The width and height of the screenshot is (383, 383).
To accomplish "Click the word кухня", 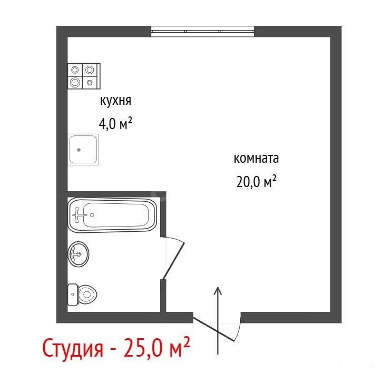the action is [115, 101].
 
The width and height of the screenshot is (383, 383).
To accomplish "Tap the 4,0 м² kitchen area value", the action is [115, 123].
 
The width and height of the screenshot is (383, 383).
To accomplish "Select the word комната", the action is [256, 159].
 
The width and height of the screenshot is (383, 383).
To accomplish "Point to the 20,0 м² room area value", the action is [256, 181].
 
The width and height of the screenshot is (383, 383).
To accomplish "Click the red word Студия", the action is [73, 348].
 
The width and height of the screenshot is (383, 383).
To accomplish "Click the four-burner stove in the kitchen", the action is [84, 76].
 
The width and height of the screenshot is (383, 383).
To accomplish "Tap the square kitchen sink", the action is [83, 150].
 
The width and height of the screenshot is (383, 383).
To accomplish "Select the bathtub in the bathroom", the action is [112, 215].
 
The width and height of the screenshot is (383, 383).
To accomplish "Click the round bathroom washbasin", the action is [78, 254].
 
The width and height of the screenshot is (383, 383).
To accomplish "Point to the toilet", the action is [82, 294].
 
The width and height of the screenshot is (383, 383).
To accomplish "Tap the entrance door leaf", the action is [213, 329].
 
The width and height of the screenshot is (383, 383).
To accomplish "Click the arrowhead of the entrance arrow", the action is [218, 291].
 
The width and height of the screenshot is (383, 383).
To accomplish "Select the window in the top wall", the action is [202, 31].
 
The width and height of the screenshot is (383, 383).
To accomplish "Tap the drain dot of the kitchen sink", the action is [79, 150].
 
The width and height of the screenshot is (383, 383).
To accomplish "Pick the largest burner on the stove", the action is [75, 82].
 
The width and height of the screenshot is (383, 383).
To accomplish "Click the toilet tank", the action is [73, 294].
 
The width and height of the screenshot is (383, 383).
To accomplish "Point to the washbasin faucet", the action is [75, 254].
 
